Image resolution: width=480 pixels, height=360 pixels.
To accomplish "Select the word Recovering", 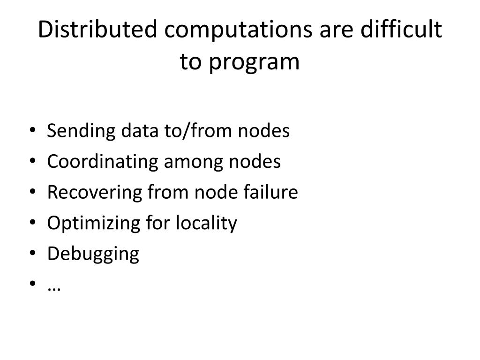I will pyautogui.click(x=88, y=192).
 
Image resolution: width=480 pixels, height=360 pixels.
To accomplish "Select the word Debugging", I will pyautogui.click(x=93, y=254).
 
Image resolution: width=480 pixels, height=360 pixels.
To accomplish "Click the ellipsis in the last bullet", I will pyautogui.click(x=54, y=286).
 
